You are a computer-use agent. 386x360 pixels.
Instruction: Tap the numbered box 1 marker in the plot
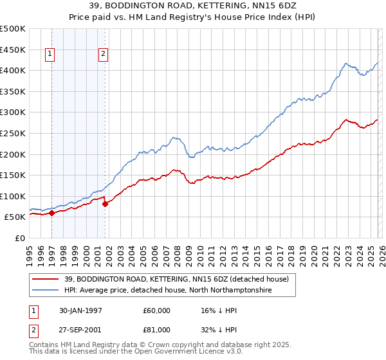(50, 55)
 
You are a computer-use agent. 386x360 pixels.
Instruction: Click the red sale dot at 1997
(52, 213)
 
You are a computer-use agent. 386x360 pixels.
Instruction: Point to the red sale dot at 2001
(105, 204)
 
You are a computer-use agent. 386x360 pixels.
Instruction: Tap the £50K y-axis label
(15, 217)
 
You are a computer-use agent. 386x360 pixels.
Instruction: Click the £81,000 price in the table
(157, 331)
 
